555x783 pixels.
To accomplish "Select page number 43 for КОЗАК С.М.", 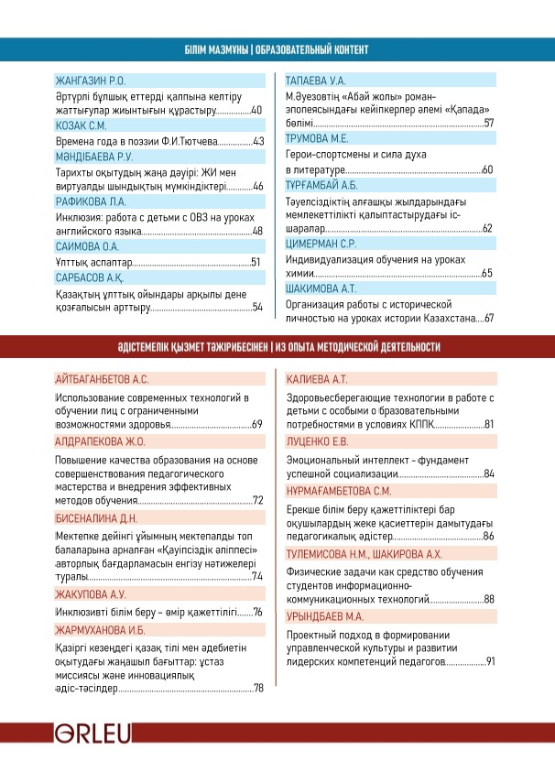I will (258, 141).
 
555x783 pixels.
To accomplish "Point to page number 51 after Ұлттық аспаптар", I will (256, 262).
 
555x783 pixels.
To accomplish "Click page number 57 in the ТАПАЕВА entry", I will (489, 123).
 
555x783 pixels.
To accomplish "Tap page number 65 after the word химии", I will (487, 273).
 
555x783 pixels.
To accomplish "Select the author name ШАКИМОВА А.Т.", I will (321, 288).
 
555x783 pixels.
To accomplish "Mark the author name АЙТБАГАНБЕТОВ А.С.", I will (101, 378).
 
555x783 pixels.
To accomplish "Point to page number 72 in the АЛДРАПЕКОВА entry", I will (258, 500).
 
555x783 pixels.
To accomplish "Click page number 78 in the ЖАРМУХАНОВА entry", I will (258, 688).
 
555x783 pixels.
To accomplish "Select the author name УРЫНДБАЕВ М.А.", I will (325, 616).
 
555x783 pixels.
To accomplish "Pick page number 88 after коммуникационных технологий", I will (489, 598).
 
